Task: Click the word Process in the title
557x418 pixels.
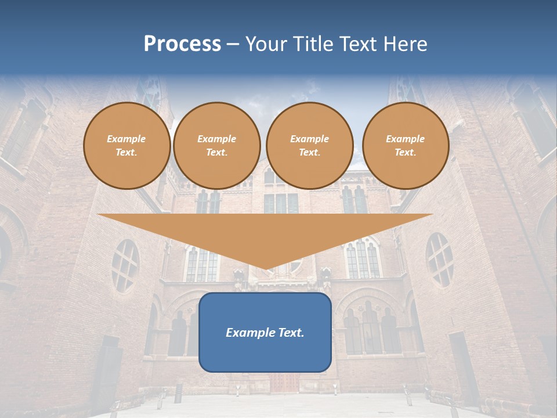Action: [182, 44]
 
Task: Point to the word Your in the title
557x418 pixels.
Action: [266, 44]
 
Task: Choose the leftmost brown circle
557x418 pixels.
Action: [126, 146]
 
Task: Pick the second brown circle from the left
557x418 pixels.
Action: [216, 146]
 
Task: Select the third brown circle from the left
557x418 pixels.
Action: [309, 146]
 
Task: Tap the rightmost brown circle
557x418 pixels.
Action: [405, 146]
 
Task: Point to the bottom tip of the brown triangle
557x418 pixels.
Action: [265, 269]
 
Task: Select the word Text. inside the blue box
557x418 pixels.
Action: [290, 333]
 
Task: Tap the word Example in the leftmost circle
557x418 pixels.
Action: [126, 139]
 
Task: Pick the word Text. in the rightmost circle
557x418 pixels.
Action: [405, 153]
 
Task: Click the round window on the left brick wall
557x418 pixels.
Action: [125, 265]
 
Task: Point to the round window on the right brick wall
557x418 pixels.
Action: [439, 259]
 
